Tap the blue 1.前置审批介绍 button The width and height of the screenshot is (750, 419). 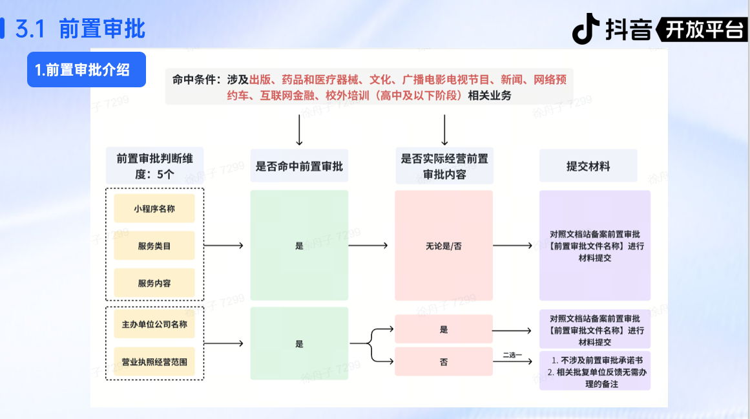click(x=86, y=70)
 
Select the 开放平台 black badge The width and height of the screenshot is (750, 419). click(x=703, y=30)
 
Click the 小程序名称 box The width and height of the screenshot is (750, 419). click(x=154, y=209)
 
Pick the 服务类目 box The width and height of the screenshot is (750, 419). click(x=154, y=246)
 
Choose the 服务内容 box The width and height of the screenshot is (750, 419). click(x=154, y=283)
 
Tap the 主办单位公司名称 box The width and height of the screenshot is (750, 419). click(x=154, y=324)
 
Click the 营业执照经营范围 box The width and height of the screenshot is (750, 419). click(x=154, y=361)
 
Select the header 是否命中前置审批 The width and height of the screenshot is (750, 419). click(x=299, y=166)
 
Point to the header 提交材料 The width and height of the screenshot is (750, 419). click(x=588, y=166)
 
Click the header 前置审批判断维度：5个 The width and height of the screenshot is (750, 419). click(x=154, y=166)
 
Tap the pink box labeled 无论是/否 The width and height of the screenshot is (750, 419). click(x=444, y=246)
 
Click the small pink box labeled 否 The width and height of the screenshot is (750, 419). click(x=444, y=361)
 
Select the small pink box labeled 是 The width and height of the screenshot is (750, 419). click(x=444, y=329)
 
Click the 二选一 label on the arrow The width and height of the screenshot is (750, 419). click(x=512, y=354)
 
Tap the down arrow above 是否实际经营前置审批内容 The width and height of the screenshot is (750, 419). click(x=444, y=130)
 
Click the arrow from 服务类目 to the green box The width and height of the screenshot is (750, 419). click(x=224, y=246)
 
